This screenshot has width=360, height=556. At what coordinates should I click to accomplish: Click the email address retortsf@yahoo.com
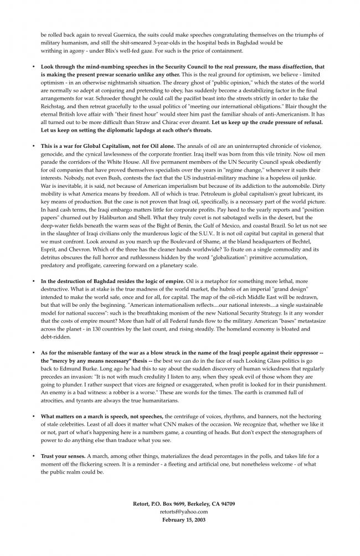180,512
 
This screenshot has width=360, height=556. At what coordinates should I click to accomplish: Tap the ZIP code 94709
225,504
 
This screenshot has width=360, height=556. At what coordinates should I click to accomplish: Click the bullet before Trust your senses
34,456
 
